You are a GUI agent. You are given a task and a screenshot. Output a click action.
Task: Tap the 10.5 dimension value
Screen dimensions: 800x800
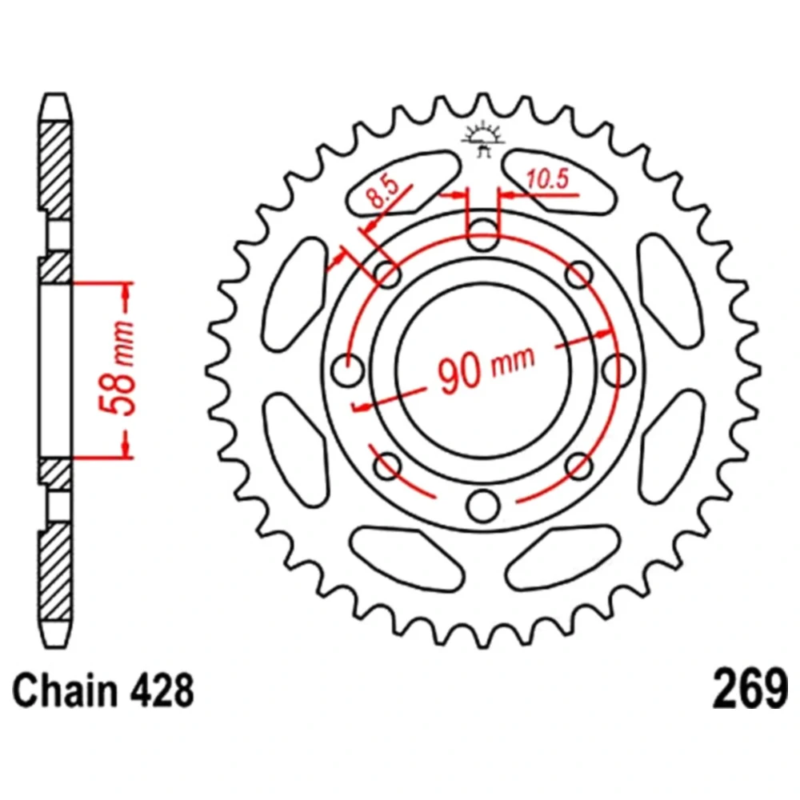(x=547, y=181)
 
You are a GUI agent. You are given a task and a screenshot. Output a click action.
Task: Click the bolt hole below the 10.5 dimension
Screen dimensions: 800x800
(x=482, y=235)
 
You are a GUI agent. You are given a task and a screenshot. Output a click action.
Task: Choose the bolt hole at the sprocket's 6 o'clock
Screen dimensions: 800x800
(x=482, y=504)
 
